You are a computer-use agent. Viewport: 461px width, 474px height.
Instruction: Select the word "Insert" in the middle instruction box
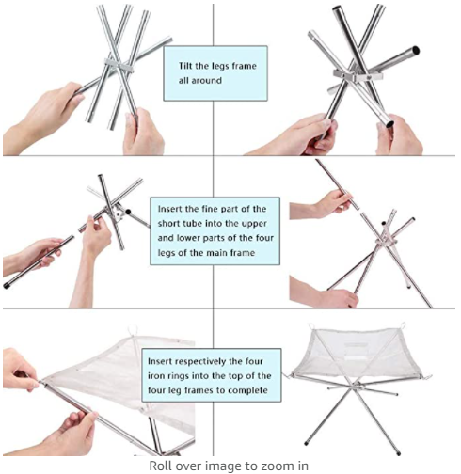tap(170, 209)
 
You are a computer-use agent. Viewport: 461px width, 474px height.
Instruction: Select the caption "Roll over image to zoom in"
tap(229, 466)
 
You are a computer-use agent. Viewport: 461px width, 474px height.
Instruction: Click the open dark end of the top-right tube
tap(416, 50)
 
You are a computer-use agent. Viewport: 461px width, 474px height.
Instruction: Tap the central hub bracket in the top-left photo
tap(119, 65)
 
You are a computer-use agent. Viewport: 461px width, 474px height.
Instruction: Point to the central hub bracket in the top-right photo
tap(358, 75)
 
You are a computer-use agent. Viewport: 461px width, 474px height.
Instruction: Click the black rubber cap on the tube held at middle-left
tap(6, 285)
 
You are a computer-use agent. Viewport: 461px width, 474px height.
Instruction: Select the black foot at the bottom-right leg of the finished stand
tap(398, 453)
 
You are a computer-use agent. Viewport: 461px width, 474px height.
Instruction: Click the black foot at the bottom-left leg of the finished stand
tap(306, 443)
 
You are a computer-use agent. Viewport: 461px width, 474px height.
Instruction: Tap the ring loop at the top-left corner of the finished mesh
tap(311, 326)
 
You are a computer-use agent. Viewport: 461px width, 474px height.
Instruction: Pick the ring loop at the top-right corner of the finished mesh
tap(403, 325)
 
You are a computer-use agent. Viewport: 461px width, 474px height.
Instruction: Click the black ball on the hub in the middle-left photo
tap(128, 212)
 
